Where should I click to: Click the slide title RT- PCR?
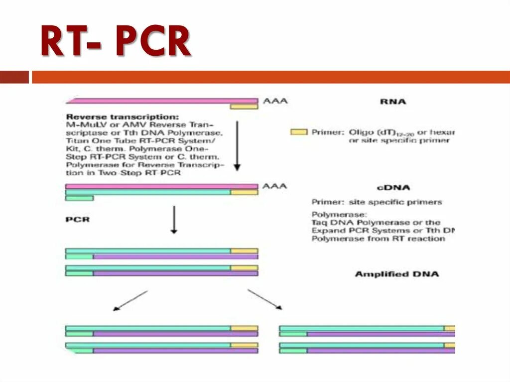116,43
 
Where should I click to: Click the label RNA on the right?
393,102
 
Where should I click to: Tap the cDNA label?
393,188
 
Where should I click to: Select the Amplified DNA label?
396,274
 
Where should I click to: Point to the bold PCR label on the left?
77,219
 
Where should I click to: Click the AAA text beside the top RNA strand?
275,101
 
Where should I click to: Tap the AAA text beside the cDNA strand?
275,186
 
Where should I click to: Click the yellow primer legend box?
299,132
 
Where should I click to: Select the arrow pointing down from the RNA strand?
237,144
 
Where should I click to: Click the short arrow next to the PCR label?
174,219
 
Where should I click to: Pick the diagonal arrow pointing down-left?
130,301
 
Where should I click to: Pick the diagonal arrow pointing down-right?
265,300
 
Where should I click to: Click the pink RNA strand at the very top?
162,101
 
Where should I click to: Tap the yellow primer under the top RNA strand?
244,106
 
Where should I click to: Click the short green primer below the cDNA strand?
79,198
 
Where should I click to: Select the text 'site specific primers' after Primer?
396,202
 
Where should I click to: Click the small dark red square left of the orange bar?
14,77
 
